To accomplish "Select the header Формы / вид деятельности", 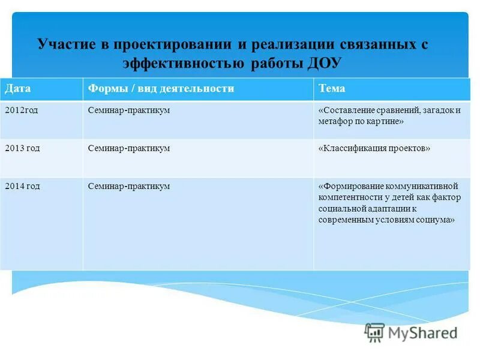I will (161, 89).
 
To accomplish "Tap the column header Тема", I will (332, 89).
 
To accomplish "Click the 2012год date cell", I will (21, 110).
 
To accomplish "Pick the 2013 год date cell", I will (22, 148).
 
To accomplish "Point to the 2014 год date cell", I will (22, 186).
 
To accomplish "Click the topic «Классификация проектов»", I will (374, 148).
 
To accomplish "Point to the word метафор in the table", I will (334, 121).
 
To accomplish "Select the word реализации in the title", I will (281, 45).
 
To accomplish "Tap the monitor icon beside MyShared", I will (375, 332).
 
